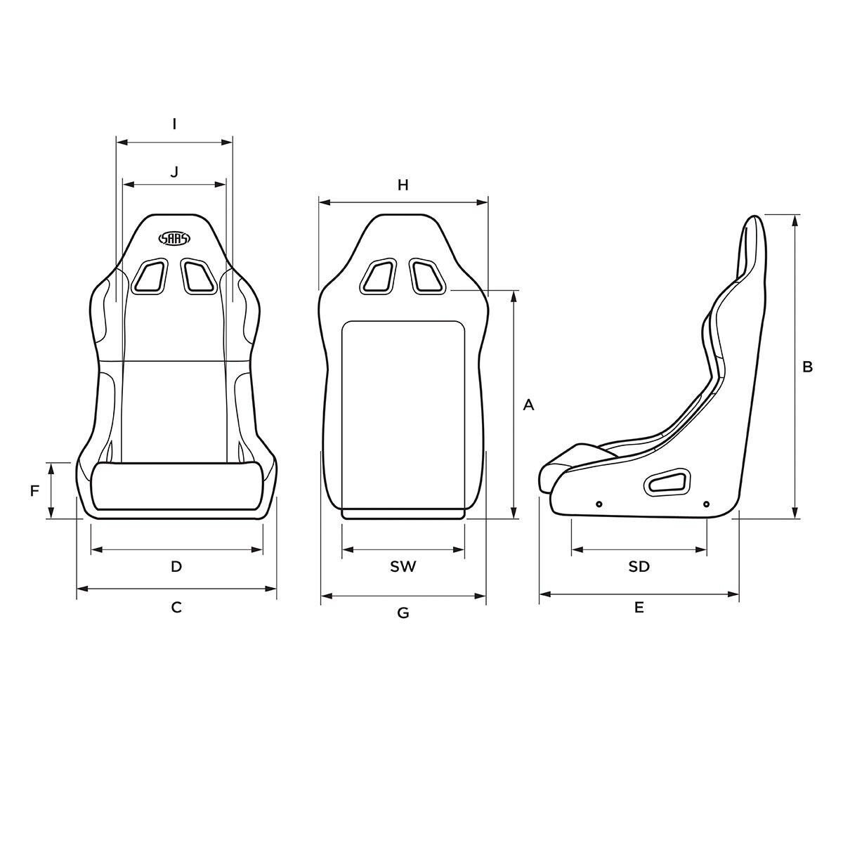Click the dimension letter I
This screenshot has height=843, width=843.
(x=174, y=124)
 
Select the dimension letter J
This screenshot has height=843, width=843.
(x=174, y=171)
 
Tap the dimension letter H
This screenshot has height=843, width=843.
(x=403, y=185)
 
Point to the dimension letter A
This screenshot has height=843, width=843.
(x=529, y=405)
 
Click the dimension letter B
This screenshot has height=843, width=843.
(x=807, y=366)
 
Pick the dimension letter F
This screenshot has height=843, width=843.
(x=34, y=491)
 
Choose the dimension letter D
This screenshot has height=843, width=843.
(x=176, y=566)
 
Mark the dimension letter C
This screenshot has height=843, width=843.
(x=176, y=607)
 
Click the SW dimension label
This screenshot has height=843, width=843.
(x=403, y=566)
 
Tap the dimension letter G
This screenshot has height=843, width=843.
(x=403, y=613)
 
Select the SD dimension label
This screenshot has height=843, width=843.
(x=639, y=566)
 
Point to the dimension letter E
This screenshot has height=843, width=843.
(x=639, y=608)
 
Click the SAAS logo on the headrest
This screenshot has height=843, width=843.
(x=174, y=238)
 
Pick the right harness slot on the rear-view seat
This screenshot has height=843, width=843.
(x=427, y=275)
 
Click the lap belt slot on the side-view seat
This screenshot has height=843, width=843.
(x=667, y=483)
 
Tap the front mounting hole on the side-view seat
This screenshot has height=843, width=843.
(x=599, y=504)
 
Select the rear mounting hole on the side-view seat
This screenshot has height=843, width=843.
(x=706, y=504)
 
